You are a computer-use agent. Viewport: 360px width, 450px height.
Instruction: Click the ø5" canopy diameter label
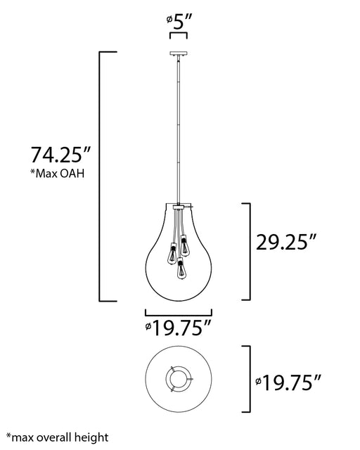179,22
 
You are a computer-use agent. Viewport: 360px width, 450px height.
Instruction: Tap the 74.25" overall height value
60,155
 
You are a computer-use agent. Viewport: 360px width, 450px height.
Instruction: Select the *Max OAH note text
58,174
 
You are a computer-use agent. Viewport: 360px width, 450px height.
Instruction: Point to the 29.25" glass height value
286,242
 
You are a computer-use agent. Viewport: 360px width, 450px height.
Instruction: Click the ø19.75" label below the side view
179,328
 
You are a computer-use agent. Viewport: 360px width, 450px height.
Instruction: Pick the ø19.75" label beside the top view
288,382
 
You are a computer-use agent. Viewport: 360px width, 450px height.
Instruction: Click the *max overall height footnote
58,438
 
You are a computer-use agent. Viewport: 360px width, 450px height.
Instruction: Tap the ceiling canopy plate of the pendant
179,53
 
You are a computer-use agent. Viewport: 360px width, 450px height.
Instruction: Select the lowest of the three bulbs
180,269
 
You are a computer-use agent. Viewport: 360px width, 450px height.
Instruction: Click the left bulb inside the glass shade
172,253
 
